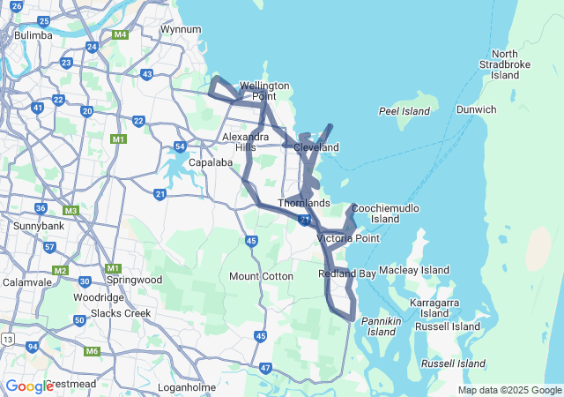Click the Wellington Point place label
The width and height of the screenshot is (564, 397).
coord(264,91)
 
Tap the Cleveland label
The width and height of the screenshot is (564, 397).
coord(316,147)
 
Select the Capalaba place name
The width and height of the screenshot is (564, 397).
coord(210,162)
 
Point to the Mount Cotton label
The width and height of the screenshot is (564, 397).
coord(261,276)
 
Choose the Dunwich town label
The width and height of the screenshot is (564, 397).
coord(476,109)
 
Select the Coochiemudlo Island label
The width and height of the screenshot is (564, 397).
coord(385,213)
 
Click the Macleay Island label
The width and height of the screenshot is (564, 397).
coord(413,270)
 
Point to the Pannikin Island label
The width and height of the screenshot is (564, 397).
coord(382,326)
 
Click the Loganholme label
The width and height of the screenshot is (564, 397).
coord(187,387)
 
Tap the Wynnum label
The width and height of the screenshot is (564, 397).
coord(181,29)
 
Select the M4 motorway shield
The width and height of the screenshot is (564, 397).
coord(121,35)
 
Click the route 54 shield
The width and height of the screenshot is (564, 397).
coord(180,146)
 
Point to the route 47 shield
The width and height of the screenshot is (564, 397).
coord(266,367)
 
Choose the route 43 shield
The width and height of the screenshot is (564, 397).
coord(146,74)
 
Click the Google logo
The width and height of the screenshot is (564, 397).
coord(29,386)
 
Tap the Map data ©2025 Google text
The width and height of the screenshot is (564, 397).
coord(509,390)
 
